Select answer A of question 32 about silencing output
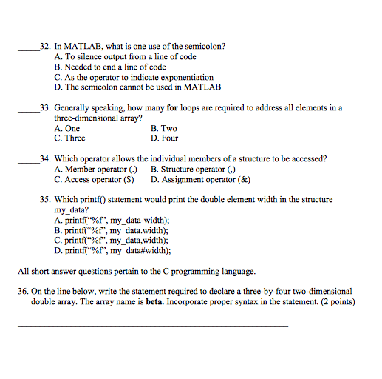click(x=125, y=56)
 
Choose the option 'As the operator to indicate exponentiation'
click(x=134, y=77)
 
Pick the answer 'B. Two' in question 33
click(x=163, y=128)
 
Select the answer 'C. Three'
click(x=69, y=138)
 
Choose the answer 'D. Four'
click(x=165, y=138)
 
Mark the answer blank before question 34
click(x=28, y=160)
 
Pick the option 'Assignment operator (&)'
click(x=200, y=179)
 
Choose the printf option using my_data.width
click(x=112, y=230)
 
